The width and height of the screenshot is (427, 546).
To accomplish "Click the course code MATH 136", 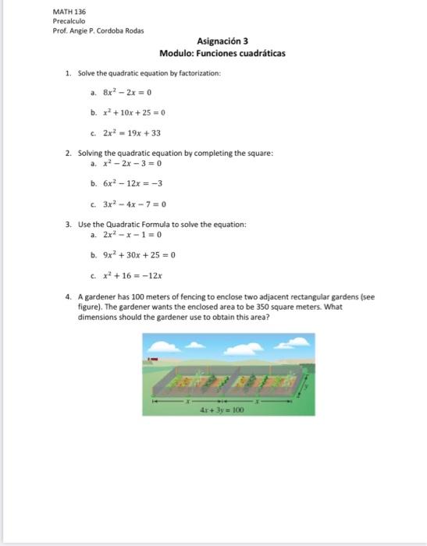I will (x=69, y=12).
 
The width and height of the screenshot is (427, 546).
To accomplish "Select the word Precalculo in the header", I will (x=69, y=22).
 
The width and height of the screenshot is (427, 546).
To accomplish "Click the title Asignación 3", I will (x=222, y=41).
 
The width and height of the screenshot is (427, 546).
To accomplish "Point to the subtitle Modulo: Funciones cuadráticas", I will (x=222, y=54).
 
